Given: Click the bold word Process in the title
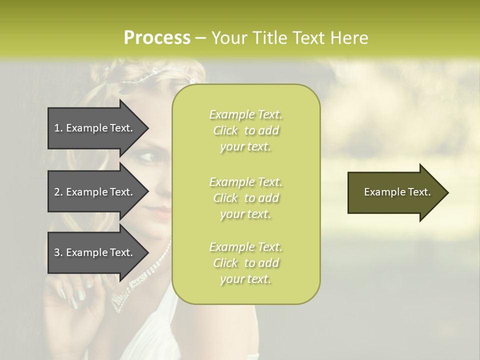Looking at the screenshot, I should [x=157, y=38].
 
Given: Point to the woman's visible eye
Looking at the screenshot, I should [x=149, y=157].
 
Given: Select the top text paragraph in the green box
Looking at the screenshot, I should [x=245, y=130].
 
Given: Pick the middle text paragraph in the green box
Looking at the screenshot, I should [x=245, y=198].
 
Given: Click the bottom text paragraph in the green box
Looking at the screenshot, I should [x=245, y=263].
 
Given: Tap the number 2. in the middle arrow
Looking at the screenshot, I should [x=58, y=192].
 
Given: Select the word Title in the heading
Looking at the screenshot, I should [x=270, y=38].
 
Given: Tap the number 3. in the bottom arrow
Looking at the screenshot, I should [x=58, y=252].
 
